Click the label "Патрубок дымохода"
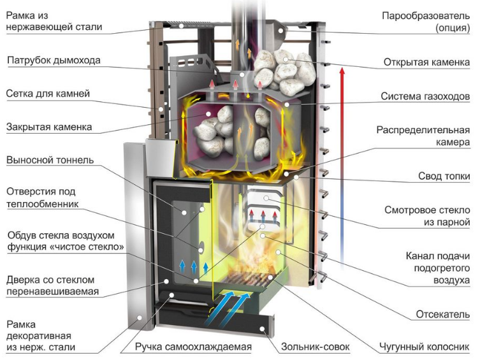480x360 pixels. click(x=54, y=61)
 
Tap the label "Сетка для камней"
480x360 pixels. click(x=48, y=93)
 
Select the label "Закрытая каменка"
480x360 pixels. click(x=49, y=127)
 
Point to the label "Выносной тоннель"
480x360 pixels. click(x=50, y=160)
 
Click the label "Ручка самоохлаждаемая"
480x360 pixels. click(x=194, y=347)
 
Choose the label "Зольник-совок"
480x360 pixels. click(x=316, y=347)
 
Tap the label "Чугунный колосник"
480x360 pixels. click(x=425, y=347)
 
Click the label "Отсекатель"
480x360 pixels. click(x=442, y=314)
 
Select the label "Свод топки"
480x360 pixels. click(x=444, y=176)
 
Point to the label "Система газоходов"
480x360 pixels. click(x=425, y=96)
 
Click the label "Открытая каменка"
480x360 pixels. click(x=426, y=62)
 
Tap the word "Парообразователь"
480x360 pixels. click(x=426, y=15)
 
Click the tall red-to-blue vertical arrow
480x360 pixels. click(x=342, y=168)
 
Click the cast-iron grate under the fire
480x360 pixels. click(x=248, y=279)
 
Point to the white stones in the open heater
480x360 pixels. click(x=283, y=70)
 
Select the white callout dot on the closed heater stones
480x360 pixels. click(x=208, y=114)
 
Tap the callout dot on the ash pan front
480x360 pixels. click(x=263, y=329)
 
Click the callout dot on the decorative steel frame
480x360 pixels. click(x=140, y=318)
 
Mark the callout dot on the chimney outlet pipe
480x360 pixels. click(x=242, y=75)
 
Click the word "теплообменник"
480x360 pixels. click(x=43, y=204)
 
